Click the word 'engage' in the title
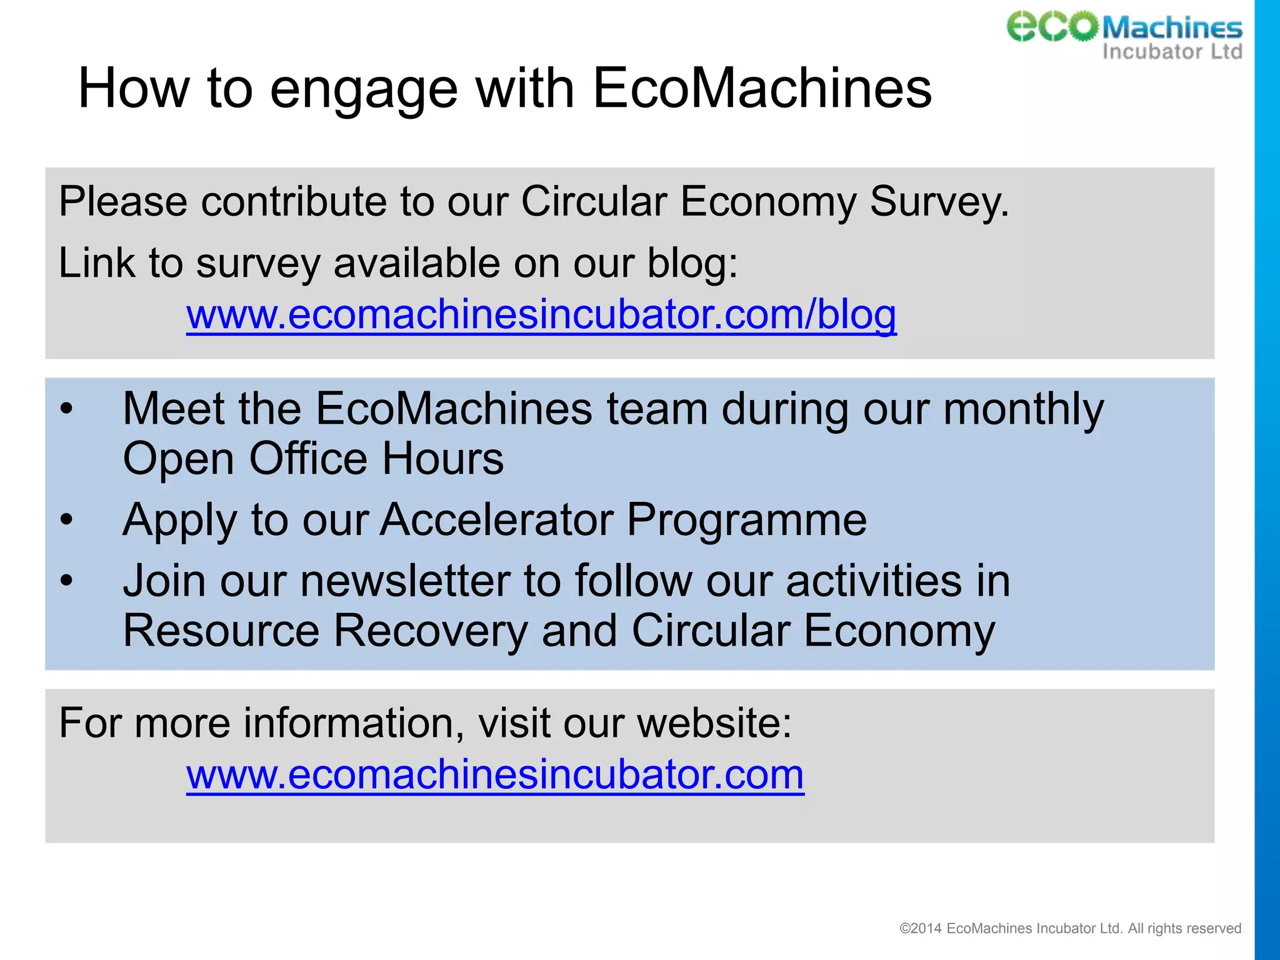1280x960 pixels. tap(364, 89)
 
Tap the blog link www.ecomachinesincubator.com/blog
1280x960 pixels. tap(541, 314)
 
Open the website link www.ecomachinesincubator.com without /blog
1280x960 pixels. tap(495, 775)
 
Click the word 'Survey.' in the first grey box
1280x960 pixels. tap(939, 202)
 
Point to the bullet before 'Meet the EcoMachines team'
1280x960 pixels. tap(67, 409)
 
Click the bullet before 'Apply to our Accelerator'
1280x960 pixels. tap(67, 519)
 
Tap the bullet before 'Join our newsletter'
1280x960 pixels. tap(67, 581)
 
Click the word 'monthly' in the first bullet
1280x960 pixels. tap(1023, 410)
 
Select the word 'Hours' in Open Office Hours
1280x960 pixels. tap(442, 459)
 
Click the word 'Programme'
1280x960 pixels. tap(746, 520)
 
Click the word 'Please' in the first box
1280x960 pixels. tap(123, 202)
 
